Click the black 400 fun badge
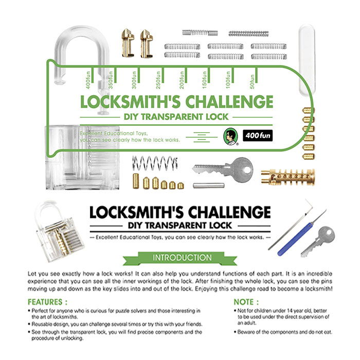pyautogui.click(x=258, y=135)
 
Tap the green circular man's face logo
pyautogui.click(x=230, y=137)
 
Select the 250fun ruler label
pyautogui.click(x=158, y=80)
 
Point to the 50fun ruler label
pyautogui.click(x=252, y=81)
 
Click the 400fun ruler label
pyautogui.click(x=88, y=80)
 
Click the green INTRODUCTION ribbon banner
pyautogui.click(x=180, y=258)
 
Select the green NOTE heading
pyautogui.click(x=246, y=302)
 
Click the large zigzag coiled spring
pyautogui.click(x=155, y=163)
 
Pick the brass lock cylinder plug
pyautogui.click(x=288, y=177)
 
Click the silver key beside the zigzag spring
pyautogui.click(x=223, y=169)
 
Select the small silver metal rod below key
pyautogui.click(x=208, y=185)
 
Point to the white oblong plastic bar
pyautogui.click(x=307, y=60)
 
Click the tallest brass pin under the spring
pyautogui.click(x=136, y=181)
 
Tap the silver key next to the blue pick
pyautogui.click(x=318, y=242)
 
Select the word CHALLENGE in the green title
pyautogui.click(x=229, y=102)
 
